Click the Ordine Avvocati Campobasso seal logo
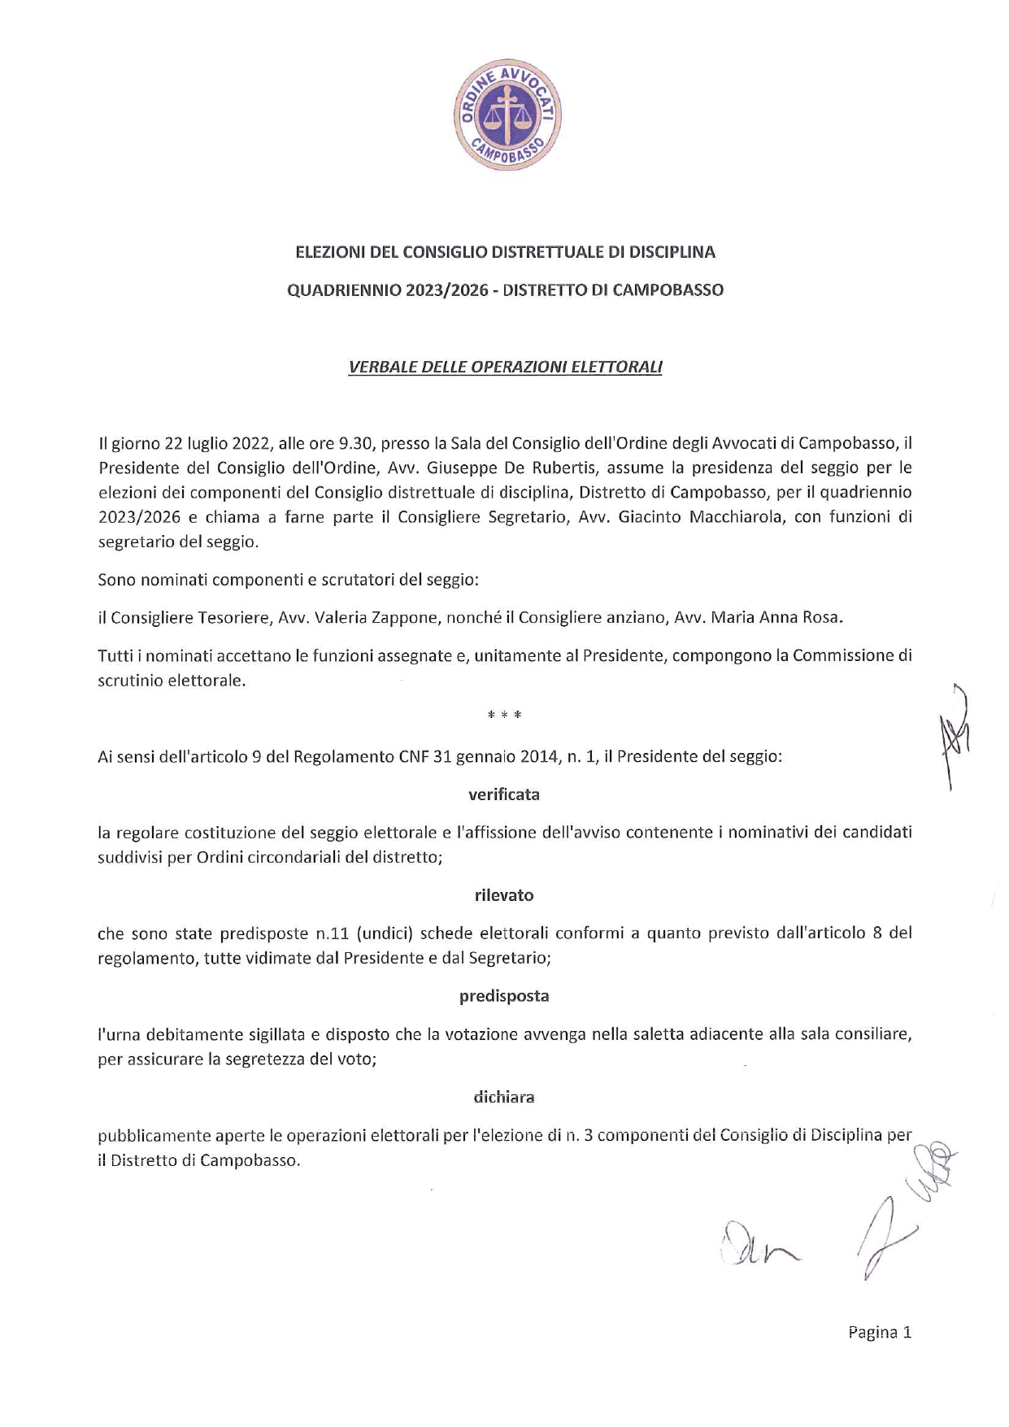pyautogui.click(x=507, y=115)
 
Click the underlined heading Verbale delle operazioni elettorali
pyautogui.click(x=505, y=367)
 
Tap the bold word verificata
pyautogui.click(x=504, y=794)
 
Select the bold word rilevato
pyautogui.click(x=504, y=895)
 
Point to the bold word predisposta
pyautogui.click(x=504, y=996)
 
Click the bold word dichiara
pyautogui.click(x=504, y=1097)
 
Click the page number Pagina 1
pyautogui.click(x=880, y=1332)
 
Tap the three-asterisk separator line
pyautogui.click(x=504, y=716)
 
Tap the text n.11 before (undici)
pyautogui.click(x=333, y=933)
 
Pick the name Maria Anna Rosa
pyautogui.click(x=776, y=617)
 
